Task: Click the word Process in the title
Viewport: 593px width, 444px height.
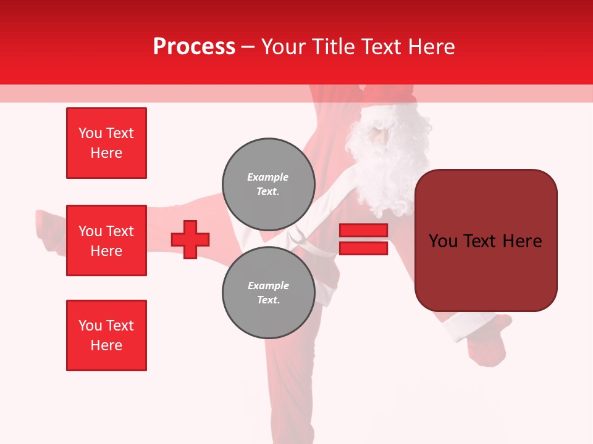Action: pyautogui.click(x=194, y=47)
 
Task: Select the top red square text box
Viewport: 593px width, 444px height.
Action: pyautogui.click(x=106, y=143)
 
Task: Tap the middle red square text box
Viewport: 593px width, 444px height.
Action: pyautogui.click(x=106, y=240)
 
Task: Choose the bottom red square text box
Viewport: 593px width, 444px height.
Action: pyautogui.click(x=106, y=335)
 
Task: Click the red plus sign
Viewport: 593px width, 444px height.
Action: pyautogui.click(x=190, y=239)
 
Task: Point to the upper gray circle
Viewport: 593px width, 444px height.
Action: pyautogui.click(x=267, y=184)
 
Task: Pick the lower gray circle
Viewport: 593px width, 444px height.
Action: pyautogui.click(x=267, y=293)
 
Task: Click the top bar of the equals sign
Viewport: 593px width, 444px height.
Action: pyautogui.click(x=363, y=230)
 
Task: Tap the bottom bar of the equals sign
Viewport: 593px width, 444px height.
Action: pyautogui.click(x=363, y=248)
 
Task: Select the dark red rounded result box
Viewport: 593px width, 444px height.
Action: pyautogui.click(x=486, y=240)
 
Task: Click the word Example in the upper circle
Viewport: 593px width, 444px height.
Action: pyautogui.click(x=267, y=177)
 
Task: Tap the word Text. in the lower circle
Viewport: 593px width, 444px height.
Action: pyautogui.click(x=267, y=300)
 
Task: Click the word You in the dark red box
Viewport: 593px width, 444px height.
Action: pyautogui.click(x=444, y=240)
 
